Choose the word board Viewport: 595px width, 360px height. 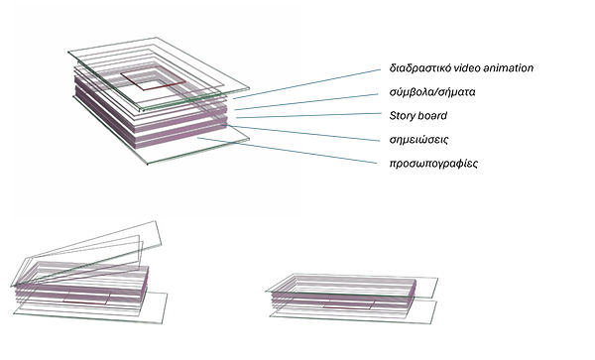pos(436,116)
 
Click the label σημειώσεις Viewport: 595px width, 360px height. pos(420,140)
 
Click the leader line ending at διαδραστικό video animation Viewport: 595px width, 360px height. pos(317,85)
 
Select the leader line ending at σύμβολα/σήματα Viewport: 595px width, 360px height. pos(317,100)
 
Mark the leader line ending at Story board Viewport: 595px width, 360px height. pos(317,118)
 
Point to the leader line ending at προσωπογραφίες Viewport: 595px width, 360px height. pos(317,156)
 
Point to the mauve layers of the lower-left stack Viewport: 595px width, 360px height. pos(79,289)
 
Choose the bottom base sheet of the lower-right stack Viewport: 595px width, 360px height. pos(397,311)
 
